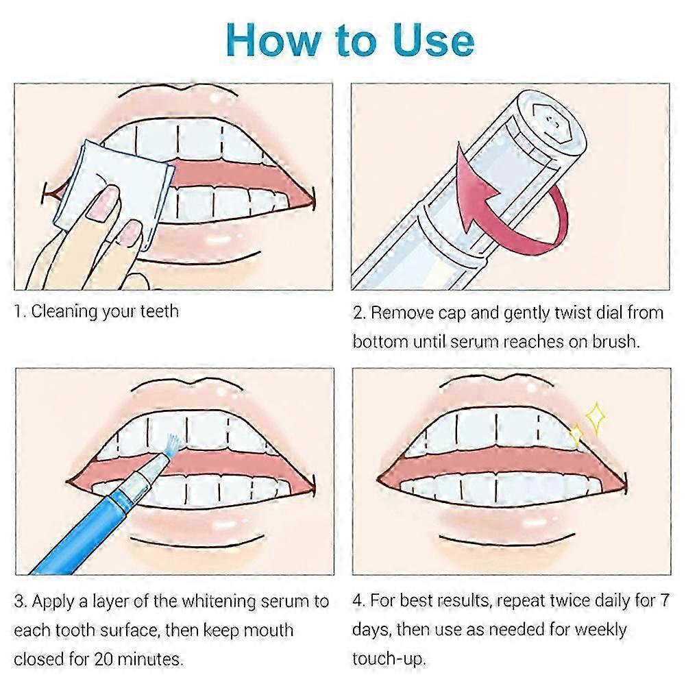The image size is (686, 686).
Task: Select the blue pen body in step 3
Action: pos(75,535)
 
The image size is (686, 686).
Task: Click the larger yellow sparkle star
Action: pos(596,417)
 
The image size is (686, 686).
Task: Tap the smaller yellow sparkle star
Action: pos(577,434)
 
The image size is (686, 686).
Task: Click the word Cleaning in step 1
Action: pos(64,312)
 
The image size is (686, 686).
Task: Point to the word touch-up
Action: pos(388,659)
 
